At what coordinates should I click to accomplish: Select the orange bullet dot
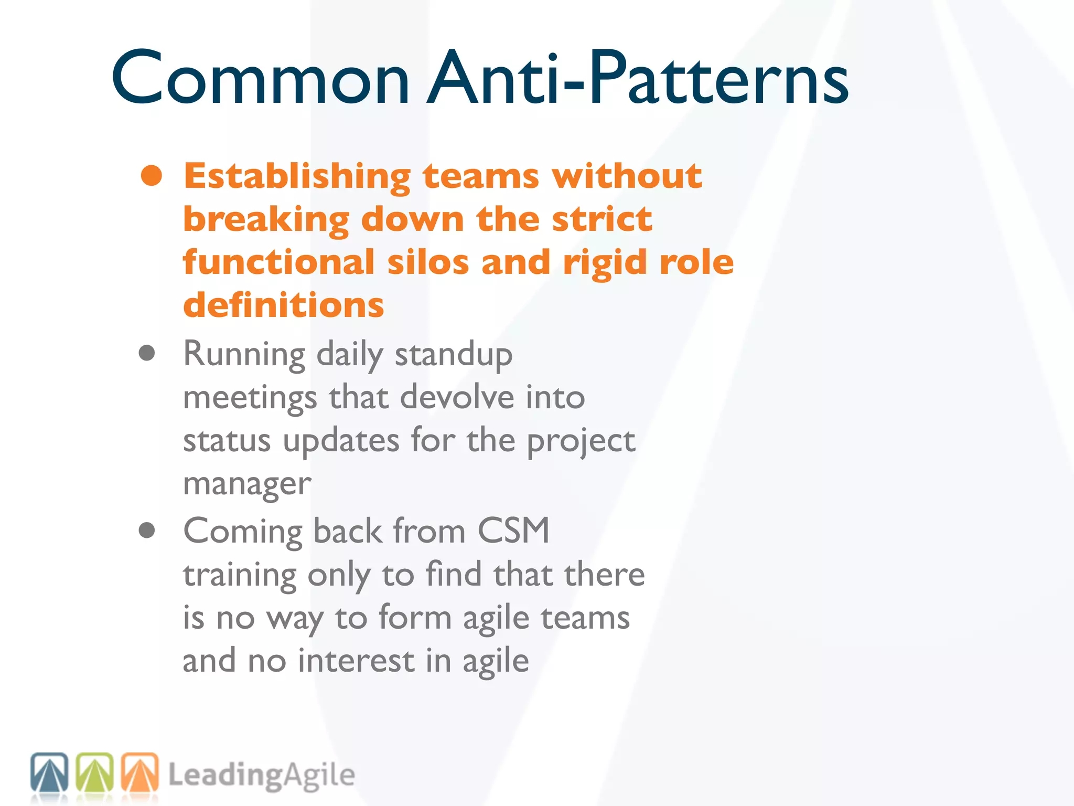(x=151, y=176)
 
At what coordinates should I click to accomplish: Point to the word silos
(x=428, y=262)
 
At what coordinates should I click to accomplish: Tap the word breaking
(x=266, y=219)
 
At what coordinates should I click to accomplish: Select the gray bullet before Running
(x=147, y=353)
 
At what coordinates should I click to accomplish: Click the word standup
(x=454, y=355)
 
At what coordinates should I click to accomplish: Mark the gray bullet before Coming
(x=147, y=530)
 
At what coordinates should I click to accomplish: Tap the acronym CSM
(x=513, y=531)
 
